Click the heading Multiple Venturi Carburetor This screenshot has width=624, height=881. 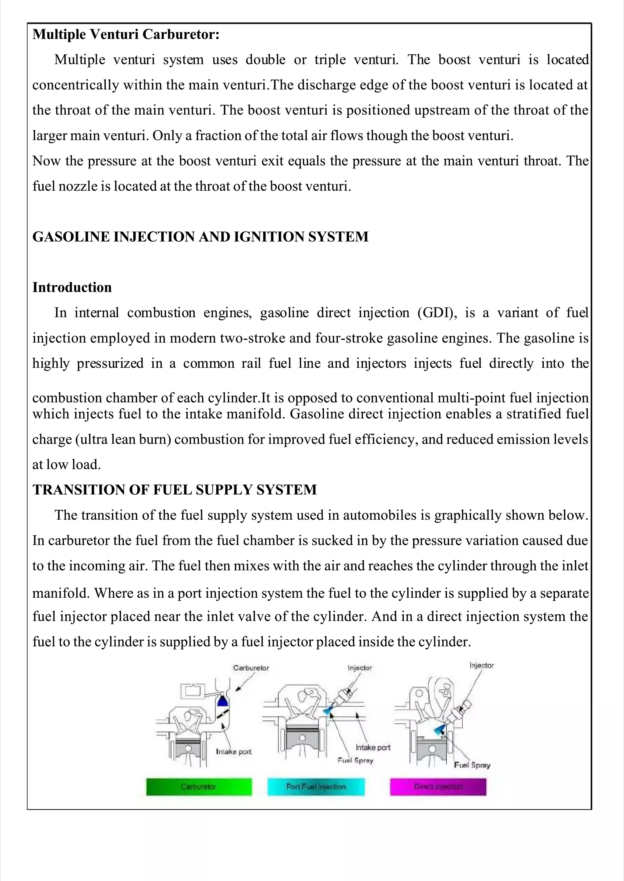pos(126,35)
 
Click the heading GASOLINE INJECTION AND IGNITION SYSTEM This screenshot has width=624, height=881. pos(200,237)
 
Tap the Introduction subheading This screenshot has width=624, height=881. pos(72,287)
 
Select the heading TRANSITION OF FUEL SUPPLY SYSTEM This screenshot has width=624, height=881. pos(175,490)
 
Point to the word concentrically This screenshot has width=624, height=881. pos(76,85)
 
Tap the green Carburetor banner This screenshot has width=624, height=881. pos(199,787)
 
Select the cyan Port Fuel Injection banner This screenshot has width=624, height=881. pos(316,787)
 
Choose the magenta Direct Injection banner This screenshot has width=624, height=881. pos(438,787)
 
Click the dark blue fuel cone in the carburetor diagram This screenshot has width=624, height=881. pos(222,702)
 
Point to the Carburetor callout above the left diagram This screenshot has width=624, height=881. pos(251,668)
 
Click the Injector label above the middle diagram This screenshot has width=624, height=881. pos(360,668)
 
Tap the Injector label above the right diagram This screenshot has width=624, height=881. pos(481,665)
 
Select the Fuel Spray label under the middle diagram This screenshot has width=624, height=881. pos(356,760)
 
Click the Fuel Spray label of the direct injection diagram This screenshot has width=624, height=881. pos(472,765)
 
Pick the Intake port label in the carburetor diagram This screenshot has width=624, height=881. pos(234,752)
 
